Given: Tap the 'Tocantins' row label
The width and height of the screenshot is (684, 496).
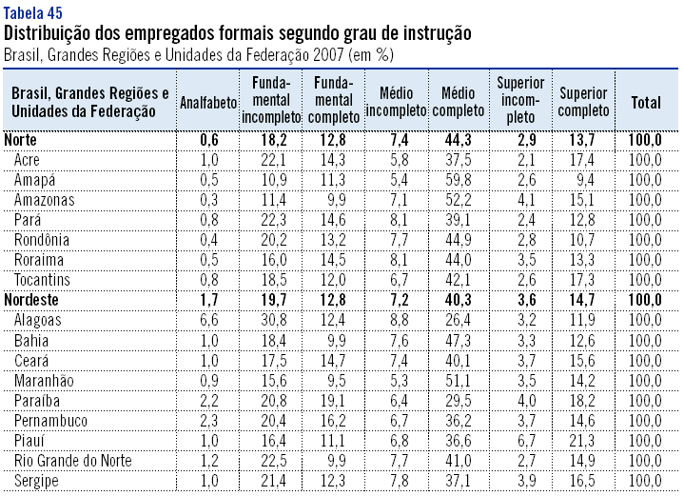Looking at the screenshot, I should pos(43,280).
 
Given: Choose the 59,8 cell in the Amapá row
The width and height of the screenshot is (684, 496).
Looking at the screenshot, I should pos(459,179).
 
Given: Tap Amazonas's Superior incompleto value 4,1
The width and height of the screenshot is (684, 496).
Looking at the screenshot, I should pos(520,199).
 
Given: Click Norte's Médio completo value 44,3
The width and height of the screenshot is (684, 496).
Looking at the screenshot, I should pos(459,140).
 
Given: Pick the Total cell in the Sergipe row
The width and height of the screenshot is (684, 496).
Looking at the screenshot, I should pos(645,481).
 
